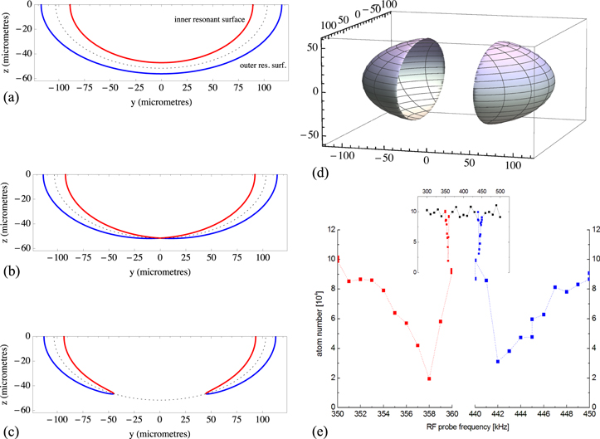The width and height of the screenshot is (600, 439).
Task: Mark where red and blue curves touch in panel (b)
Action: coord(161,238)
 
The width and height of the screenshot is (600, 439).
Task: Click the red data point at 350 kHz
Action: coord(338,260)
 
